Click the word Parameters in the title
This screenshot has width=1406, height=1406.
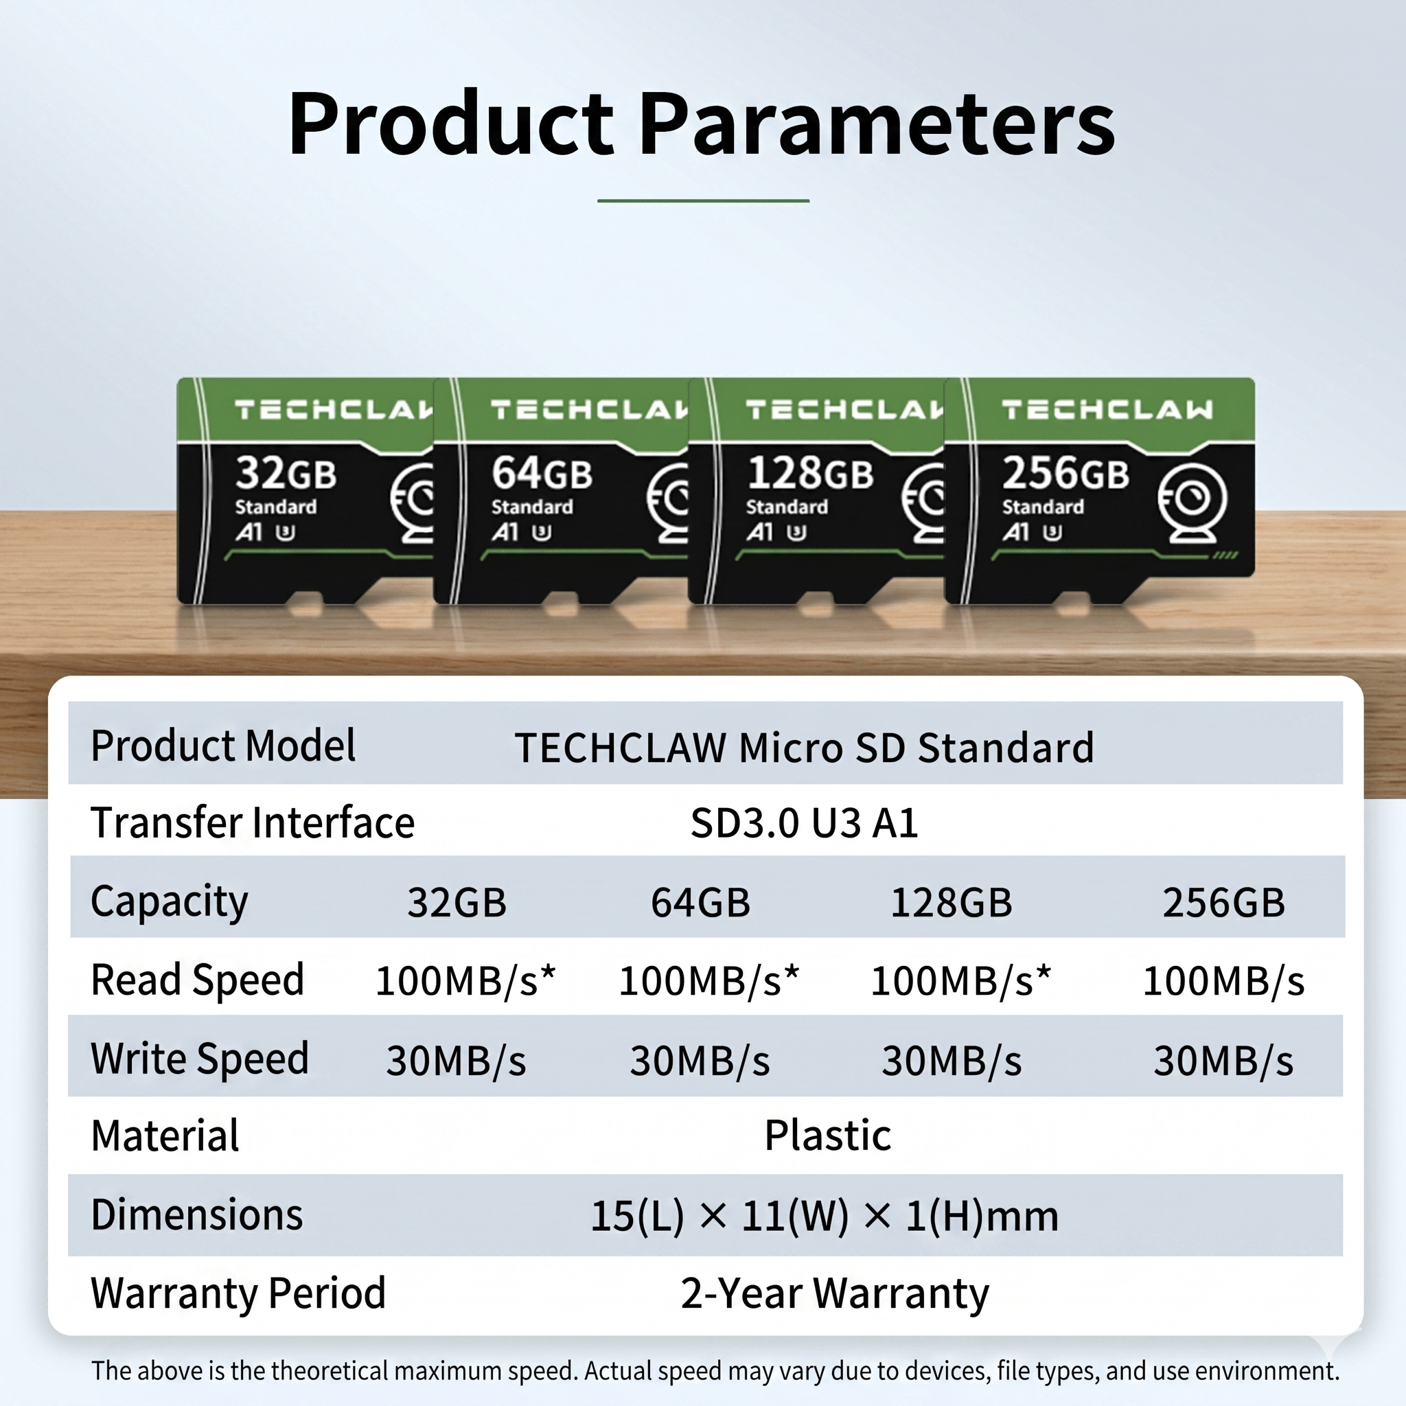pos(877,124)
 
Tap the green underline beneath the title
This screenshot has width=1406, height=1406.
pos(703,200)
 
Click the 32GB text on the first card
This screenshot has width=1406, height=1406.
pos(286,473)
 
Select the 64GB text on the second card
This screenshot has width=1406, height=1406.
pos(542,473)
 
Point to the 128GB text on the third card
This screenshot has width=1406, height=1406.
pos(810,473)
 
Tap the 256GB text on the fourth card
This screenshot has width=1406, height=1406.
pos(1065,473)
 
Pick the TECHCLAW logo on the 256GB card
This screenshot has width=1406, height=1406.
pos(1107,410)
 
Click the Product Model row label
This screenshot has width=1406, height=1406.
pos(222,746)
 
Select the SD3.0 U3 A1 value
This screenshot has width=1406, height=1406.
pos(804,823)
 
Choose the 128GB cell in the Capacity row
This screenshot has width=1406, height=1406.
pos(951,902)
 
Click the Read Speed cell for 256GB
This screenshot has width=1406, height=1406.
pos(1223,980)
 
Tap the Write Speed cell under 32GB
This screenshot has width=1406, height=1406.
pos(456,1060)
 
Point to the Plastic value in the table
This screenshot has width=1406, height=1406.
pos(827,1135)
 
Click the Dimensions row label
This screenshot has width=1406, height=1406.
pos(196,1214)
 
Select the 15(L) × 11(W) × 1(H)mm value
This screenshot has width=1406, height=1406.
pos(824,1216)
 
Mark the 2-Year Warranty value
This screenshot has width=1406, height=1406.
pos(835,1293)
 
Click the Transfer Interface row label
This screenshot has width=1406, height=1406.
pos(253,822)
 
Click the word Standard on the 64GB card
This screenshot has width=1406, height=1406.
pos(532,507)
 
